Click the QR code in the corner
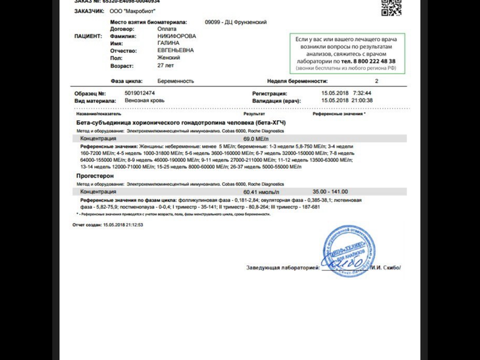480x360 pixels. point(391,7)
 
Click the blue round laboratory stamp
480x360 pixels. point(349,252)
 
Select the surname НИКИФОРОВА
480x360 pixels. point(176,36)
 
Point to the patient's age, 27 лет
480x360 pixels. point(166,65)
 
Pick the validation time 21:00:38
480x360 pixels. point(362,100)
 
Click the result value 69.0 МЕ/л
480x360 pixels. point(256,139)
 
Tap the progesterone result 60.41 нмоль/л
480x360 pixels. point(261,192)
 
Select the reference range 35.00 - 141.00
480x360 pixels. point(330,192)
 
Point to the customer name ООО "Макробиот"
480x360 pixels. point(133,11)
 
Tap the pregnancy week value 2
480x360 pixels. point(377,81)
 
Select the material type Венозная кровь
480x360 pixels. point(145,100)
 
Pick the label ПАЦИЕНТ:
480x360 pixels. point(88,36)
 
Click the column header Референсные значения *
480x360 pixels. point(339,114)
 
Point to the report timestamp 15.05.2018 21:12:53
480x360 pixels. point(123,225)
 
